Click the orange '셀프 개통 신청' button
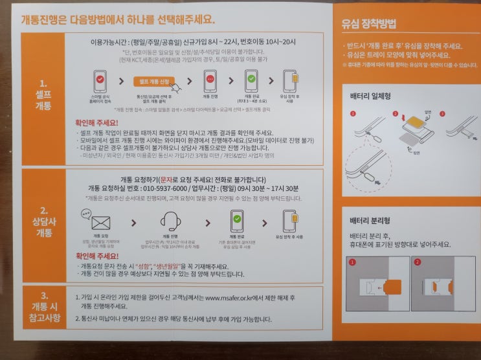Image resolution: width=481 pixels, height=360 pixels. click(x=150, y=82)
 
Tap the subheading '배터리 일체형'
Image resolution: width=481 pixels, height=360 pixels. click(x=370, y=96)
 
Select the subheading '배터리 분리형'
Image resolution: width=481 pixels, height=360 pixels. click(x=370, y=221)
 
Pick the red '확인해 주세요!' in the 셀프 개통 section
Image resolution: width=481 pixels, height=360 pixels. click(x=97, y=121)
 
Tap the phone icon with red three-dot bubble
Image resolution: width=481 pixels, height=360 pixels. click(x=210, y=82)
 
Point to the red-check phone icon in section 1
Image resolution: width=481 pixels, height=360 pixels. click(x=100, y=82)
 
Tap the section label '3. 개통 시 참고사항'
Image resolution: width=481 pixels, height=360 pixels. click(x=43, y=309)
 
